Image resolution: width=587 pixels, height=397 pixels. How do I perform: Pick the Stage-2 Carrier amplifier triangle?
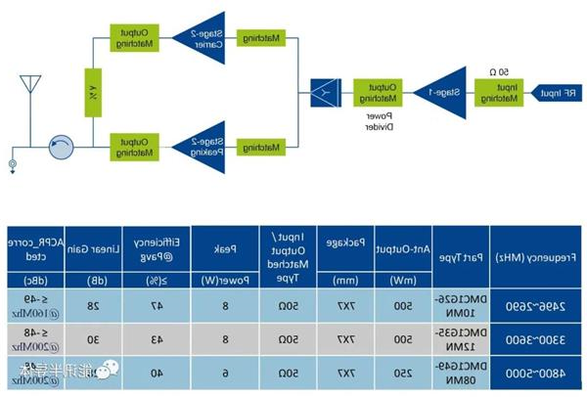[x=210, y=39]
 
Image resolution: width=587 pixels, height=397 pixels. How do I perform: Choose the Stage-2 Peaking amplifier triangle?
[x=210, y=146]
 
